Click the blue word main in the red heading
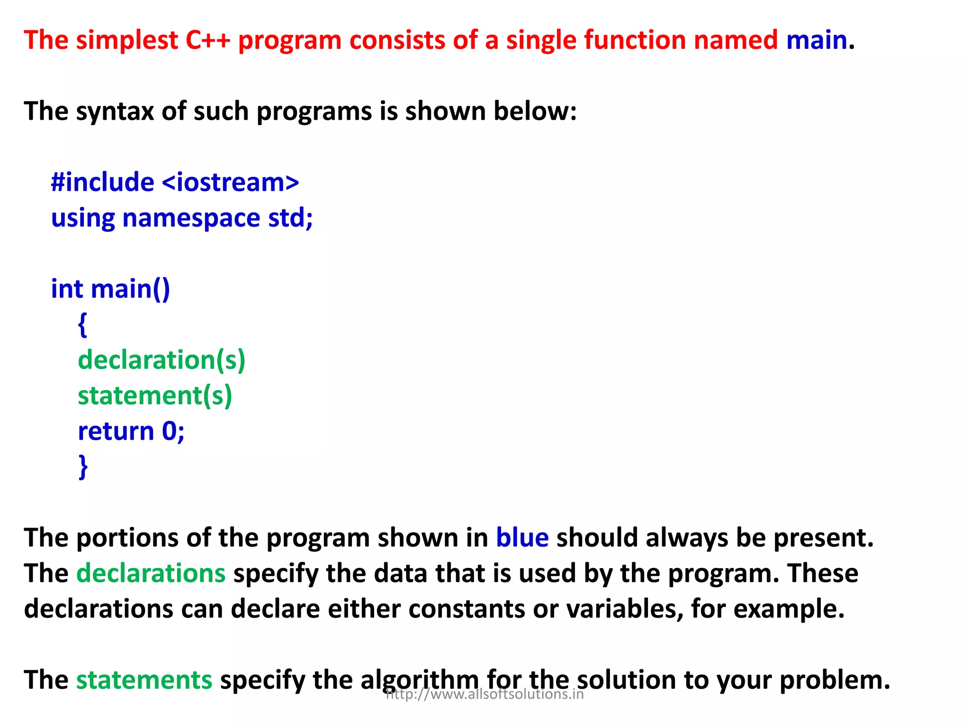point(816,40)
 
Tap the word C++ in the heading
point(207,40)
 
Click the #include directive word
point(102,182)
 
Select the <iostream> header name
point(230,182)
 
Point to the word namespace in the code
point(191,218)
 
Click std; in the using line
point(290,218)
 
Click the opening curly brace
point(82,325)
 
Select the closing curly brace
point(83,467)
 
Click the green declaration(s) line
point(162,360)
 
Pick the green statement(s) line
point(155,396)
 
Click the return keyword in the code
point(116,431)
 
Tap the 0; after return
point(173,431)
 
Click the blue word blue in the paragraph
point(522,538)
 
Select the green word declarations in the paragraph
point(151,573)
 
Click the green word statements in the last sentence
point(144,680)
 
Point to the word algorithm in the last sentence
point(420,680)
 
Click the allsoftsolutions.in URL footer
point(485,694)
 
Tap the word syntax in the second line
point(115,112)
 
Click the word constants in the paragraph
point(466,609)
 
